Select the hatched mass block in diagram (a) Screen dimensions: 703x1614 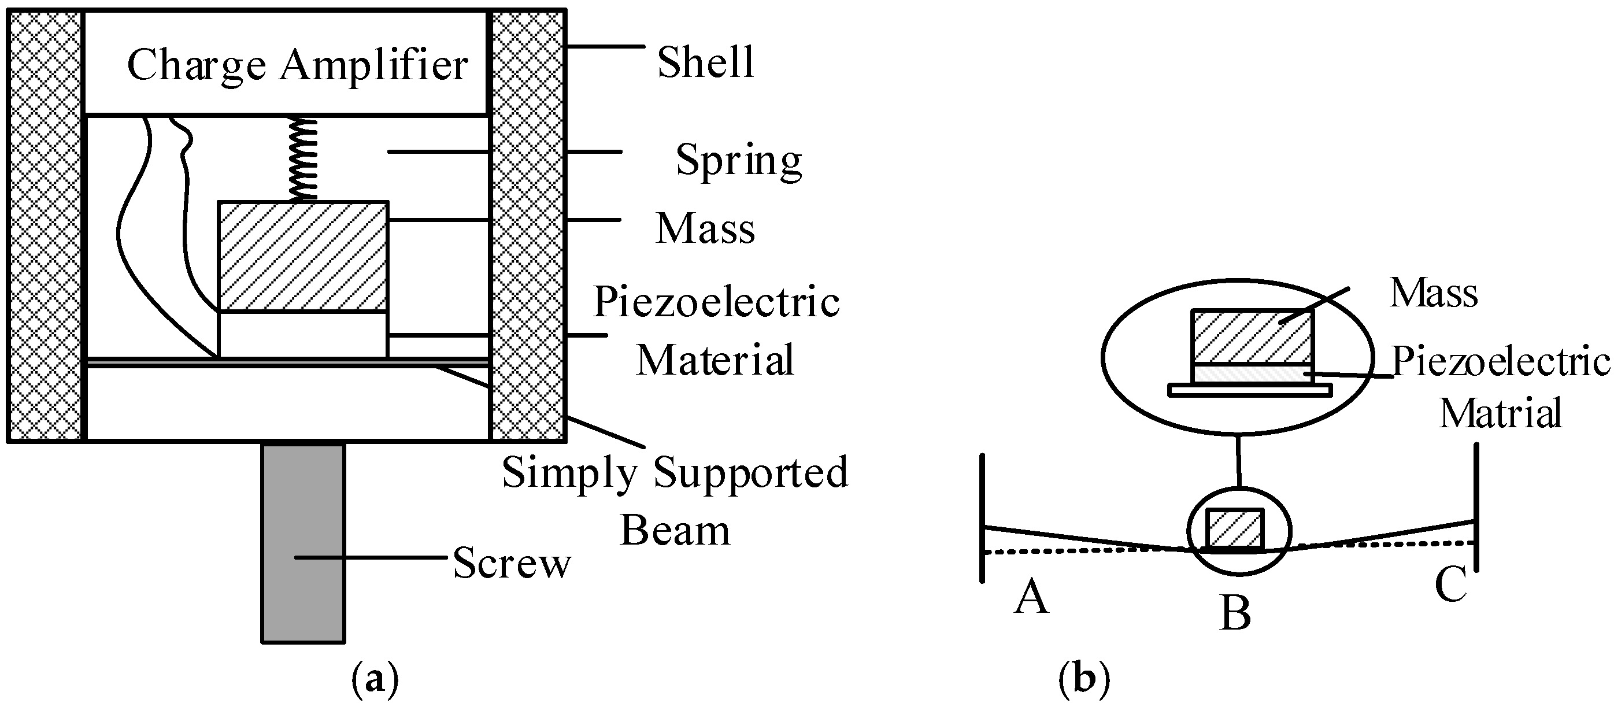tap(303, 256)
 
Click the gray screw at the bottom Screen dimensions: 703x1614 tap(303, 542)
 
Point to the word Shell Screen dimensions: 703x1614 tap(705, 62)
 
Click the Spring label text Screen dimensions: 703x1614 tap(738, 160)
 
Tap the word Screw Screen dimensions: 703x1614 tap(511, 563)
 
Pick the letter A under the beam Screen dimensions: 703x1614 tap(1031, 597)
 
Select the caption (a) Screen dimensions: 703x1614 tap(375, 679)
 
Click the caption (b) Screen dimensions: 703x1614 tap(1084, 679)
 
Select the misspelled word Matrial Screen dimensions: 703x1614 tap(1500, 413)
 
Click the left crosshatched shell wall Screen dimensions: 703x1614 tap(45, 225)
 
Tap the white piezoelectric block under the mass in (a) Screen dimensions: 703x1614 tap(303, 334)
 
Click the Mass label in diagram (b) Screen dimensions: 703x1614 tap(1434, 293)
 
